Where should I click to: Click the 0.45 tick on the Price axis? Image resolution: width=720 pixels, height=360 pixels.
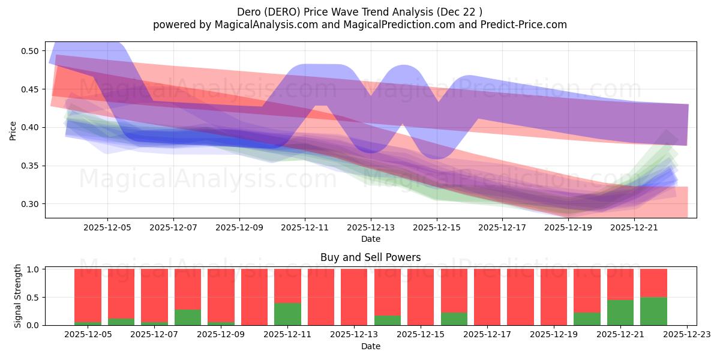30,89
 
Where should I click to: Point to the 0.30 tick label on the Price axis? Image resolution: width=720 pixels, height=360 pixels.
30,204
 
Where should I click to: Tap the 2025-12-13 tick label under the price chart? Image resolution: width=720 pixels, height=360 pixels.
371,227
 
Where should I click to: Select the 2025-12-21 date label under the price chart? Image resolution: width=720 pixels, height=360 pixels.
634,227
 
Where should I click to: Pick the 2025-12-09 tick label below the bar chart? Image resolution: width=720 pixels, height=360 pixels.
221,334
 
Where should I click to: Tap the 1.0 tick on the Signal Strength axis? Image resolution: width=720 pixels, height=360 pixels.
34,269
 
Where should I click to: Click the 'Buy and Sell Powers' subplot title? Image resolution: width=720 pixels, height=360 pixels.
370,257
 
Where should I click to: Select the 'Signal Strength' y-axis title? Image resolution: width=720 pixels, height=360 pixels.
18,296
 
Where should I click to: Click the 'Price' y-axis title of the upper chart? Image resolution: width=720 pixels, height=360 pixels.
13,130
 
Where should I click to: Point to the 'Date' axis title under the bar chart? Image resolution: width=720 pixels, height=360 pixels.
370,346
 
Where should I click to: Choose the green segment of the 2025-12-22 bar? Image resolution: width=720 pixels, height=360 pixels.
653,311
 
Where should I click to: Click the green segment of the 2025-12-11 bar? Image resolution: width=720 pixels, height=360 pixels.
287,314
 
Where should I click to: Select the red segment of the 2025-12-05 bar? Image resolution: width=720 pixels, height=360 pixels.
88,294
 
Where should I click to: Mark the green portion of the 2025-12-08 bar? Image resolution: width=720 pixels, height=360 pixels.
188,317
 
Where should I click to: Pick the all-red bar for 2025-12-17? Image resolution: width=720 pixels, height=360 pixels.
487,297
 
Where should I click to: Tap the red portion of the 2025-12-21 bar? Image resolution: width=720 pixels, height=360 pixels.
620,284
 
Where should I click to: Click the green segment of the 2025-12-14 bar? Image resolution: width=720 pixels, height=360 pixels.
387,320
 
